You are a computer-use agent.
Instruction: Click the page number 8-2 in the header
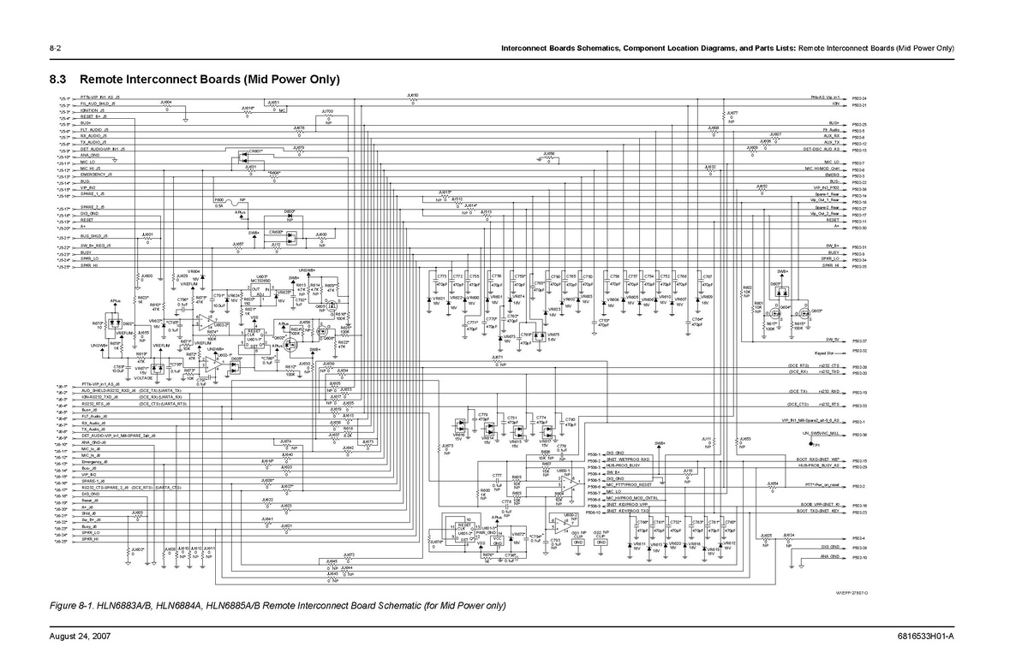[54, 47]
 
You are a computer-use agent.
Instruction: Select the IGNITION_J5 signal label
[92, 110]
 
